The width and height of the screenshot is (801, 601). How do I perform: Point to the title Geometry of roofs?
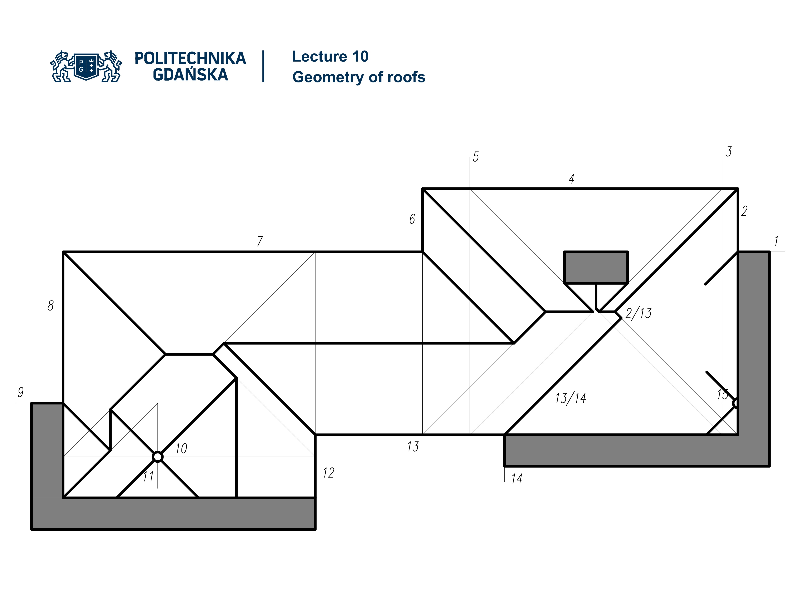click(x=359, y=77)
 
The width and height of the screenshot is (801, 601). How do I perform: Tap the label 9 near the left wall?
click(x=21, y=392)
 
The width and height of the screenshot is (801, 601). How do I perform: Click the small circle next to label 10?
click(x=157, y=457)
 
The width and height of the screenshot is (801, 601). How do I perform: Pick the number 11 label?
click(x=148, y=476)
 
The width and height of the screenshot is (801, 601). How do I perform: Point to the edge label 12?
click(x=329, y=473)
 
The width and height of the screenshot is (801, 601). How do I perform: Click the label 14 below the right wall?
click(x=517, y=479)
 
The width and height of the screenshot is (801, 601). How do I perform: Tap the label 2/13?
click(x=639, y=313)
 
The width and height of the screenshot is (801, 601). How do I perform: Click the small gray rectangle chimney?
click(x=596, y=267)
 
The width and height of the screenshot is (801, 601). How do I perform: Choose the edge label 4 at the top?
click(x=571, y=179)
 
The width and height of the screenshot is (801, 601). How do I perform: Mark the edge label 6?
click(x=412, y=219)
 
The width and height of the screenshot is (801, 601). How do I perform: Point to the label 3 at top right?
click(x=728, y=152)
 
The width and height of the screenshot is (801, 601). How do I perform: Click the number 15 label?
click(x=722, y=394)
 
